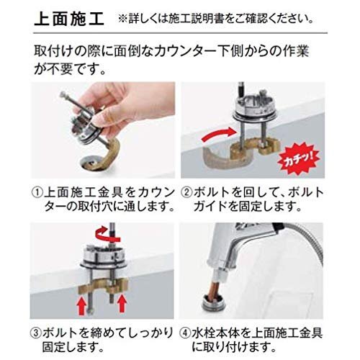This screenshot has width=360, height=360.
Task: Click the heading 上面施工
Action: pyautogui.click(x=69, y=19)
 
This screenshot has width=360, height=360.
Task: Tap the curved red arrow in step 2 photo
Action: pyautogui.click(x=218, y=135)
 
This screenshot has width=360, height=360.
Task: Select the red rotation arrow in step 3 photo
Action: pyautogui.click(x=107, y=233)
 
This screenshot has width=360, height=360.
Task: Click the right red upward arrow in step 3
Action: pyautogui.click(x=122, y=304)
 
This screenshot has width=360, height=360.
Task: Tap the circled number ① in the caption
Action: pyautogui.click(x=37, y=192)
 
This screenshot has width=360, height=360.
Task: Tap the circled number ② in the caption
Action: pyautogui.click(x=186, y=192)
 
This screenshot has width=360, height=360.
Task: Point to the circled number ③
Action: pyautogui.click(x=36, y=333)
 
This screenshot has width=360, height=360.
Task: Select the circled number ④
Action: pyautogui.click(x=185, y=333)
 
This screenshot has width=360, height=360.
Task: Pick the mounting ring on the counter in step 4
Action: pyautogui.click(x=213, y=303)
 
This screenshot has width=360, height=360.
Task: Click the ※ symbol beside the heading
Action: pyautogui.click(x=123, y=19)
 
